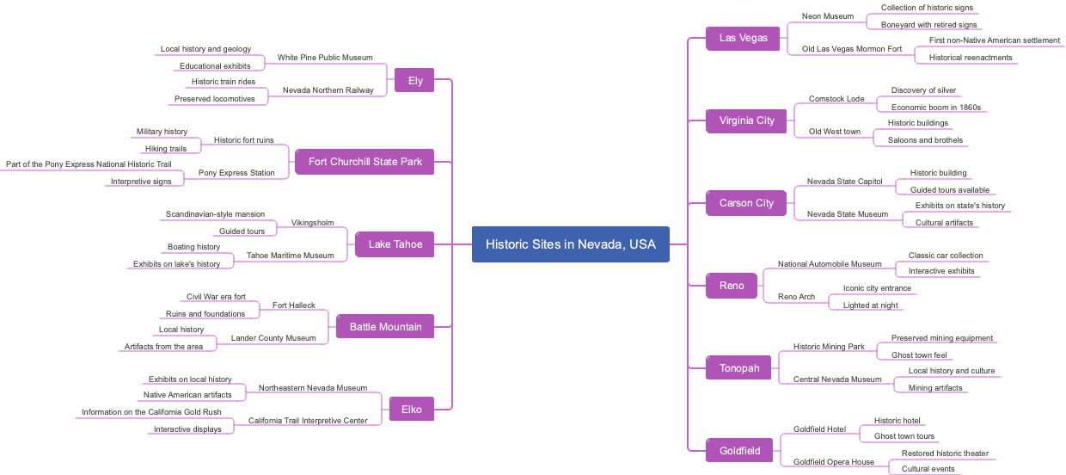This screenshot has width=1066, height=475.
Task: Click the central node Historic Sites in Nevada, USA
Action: pos(570,244)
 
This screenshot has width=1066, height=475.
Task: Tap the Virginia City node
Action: pos(746,120)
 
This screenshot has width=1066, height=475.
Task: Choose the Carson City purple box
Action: pos(746,203)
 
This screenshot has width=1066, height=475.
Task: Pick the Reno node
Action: pos(732,286)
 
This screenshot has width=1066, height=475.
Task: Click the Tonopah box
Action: pos(738,368)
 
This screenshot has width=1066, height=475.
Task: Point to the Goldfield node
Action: pos(739,450)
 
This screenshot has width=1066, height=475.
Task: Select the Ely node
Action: pos(415,81)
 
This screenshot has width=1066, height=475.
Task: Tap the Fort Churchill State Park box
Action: pos(365,162)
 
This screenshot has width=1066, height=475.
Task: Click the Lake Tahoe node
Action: pos(395,244)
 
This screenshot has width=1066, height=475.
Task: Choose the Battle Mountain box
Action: pos(385,327)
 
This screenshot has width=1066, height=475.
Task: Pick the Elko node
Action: pos(411,410)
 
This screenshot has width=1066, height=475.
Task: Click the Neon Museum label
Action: pos(827,16)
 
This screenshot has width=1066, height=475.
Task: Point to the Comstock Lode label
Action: pos(836,99)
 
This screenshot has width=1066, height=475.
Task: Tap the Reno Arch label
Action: pos(796,297)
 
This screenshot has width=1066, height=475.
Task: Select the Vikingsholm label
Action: pos(312,223)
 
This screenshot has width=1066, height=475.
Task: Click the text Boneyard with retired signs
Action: pos(928,25)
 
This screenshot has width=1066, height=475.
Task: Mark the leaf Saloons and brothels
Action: pos(925,140)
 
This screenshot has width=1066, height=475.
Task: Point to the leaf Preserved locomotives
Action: pos(214,99)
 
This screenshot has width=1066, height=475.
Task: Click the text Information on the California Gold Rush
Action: pos(151,412)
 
